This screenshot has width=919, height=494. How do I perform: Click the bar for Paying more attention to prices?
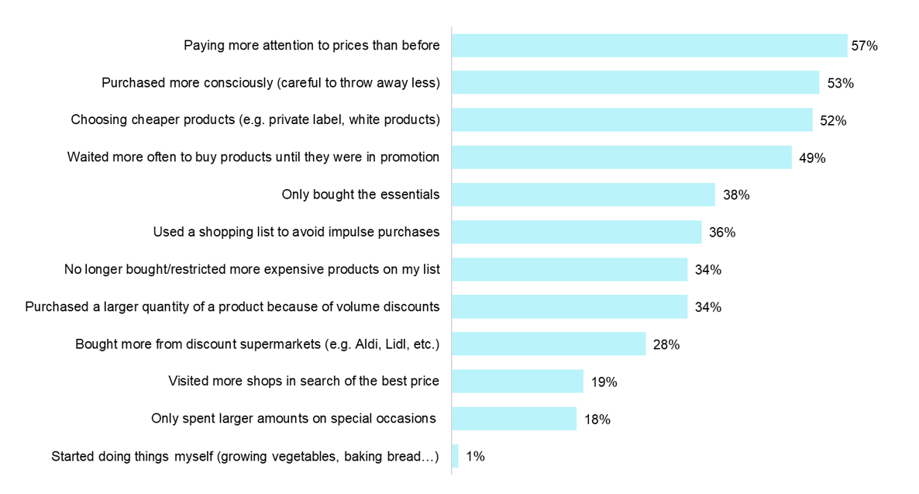click(x=649, y=46)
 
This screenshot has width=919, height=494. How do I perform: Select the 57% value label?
click(x=864, y=46)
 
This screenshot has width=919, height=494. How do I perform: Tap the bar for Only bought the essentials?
click(x=583, y=195)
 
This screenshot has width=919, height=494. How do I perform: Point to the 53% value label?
click(x=840, y=83)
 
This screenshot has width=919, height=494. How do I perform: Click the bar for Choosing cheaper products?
click(x=632, y=120)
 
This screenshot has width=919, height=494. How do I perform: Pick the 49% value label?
click(x=812, y=158)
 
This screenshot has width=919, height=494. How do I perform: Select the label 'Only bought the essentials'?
click(x=360, y=195)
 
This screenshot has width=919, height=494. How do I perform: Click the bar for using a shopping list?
click(x=577, y=232)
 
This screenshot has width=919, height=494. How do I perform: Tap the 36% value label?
click(x=722, y=233)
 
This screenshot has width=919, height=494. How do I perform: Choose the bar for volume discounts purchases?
click(x=570, y=306)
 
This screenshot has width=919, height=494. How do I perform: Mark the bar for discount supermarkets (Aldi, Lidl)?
click(x=549, y=344)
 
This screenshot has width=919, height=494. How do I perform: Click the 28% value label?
click(x=666, y=344)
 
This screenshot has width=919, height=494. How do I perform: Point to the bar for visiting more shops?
click(x=518, y=381)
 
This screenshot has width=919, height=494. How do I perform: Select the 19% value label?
click(x=604, y=382)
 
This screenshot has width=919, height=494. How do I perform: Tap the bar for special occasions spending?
click(x=515, y=419)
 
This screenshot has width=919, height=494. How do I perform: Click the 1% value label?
click(x=475, y=457)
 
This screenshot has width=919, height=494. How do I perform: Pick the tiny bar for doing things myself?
click(x=456, y=456)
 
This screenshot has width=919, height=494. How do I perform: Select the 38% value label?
click(x=736, y=195)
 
